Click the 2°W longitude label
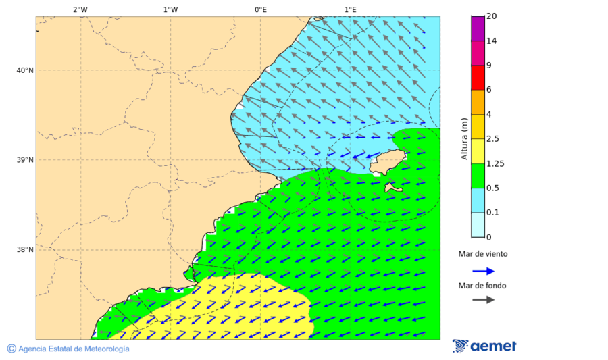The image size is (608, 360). coord(80,9)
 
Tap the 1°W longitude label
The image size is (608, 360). coord(170,9)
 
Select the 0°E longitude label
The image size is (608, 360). coord(260,9)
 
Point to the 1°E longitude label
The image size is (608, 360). coord(350,9)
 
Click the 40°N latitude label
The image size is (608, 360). coord(25,70)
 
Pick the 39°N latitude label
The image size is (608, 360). coord(25,160)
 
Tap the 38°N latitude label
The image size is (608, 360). coord(25,250)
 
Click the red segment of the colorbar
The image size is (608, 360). coord(478,78)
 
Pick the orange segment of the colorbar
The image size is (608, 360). coord(478,102)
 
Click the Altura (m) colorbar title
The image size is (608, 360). coord(464,139)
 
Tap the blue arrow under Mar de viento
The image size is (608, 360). coord(483,271)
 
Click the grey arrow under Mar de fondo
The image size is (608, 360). coord(483,299)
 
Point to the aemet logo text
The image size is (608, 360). coord(493,346)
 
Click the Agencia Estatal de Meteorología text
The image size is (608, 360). coord(73,349)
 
